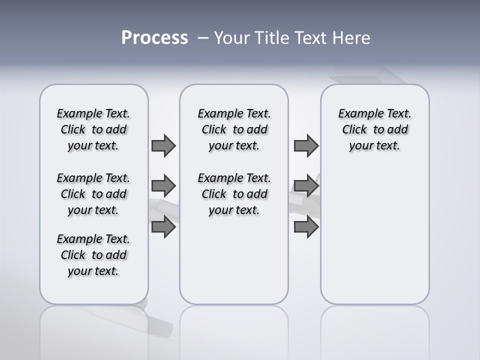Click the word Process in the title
click(154, 38)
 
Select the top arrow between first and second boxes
click(163, 145)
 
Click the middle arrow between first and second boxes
click(163, 186)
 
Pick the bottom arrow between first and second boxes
click(163, 227)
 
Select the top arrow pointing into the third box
click(306, 145)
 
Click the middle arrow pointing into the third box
click(306, 186)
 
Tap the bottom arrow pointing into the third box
click(306, 227)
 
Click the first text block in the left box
click(93, 129)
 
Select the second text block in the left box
click(93, 194)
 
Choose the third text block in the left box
click(93, 255)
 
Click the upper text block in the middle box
click(234, 129)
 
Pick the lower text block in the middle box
click(234, 194)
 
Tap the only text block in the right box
click(374, 129)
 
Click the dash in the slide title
click(203, 38)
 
